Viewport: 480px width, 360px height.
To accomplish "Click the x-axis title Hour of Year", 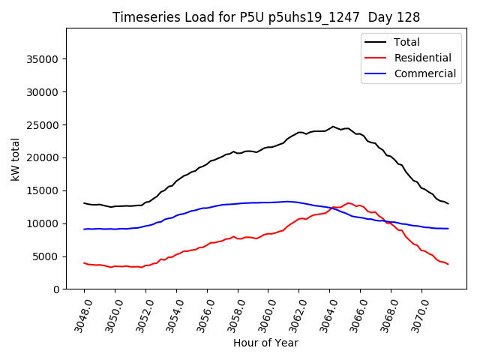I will pyautogui.click(x=265, y=343).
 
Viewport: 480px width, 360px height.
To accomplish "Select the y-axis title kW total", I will pyautogui.click(x=15, y=158).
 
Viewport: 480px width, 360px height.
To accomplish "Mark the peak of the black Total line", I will pyautogui.click(x=333, y=127).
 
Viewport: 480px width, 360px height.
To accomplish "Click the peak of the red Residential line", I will pyautogui.click(x=349, y=203).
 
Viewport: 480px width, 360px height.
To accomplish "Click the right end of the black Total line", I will pyautogui.click(x=448, y=204).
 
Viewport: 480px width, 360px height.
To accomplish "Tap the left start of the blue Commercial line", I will pyautogui.click(x=84, y=229).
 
